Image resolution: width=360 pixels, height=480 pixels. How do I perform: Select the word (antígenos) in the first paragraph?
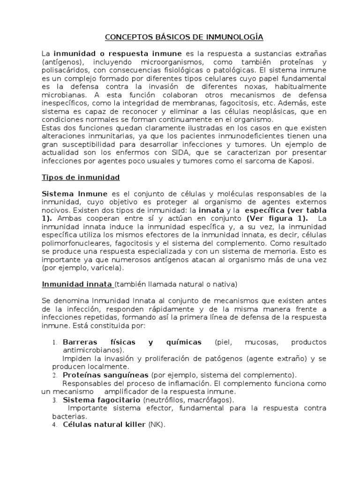click(x=60, y=62)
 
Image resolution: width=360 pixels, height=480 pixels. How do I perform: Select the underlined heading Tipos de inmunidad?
click(x=81, y=177)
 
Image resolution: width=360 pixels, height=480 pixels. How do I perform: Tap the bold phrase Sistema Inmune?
click(x=75, y=194)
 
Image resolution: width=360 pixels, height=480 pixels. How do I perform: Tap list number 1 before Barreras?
click(x=54, y=342)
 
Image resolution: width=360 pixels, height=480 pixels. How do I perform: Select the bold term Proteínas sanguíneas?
click(x=106, y=375)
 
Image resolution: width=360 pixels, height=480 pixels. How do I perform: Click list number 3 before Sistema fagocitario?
click(x=54, y=400)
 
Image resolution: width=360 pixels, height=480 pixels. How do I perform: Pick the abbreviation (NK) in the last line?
click(x=157, y=424)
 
